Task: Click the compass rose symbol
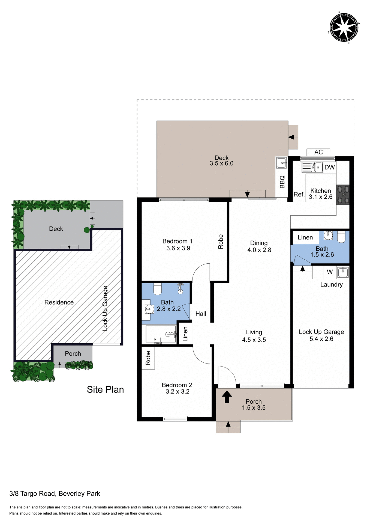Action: (x=344, y=28)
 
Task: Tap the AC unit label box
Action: (x=318, y=152)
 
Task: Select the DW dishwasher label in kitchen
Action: (x=329, y=167)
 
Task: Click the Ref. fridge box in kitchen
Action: (x=299, y=195)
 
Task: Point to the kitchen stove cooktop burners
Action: (x=343, y=195)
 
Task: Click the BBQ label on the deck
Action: (x=282, y=182)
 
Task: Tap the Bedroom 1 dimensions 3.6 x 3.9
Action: (x=178, y=248)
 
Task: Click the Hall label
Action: (x=201, y=314)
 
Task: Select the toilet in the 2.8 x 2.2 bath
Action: (x=158, y=289)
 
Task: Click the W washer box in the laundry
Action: (x=330, y=272)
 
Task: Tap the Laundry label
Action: (x=331, y=285)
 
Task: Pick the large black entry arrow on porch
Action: (x=226, y=397)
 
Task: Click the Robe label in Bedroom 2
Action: (x=148, y=358)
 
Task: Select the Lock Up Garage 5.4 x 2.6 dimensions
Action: (x=321, y=339)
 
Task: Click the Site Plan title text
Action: (x=105, y=389)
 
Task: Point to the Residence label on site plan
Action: (x=59, y=302)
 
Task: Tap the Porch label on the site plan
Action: (x=73, y=354)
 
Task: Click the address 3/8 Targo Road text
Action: (x=55, y=493)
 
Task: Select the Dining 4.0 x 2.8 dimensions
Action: (x=259, y=250)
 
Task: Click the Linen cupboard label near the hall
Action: (x=185, y=334)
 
